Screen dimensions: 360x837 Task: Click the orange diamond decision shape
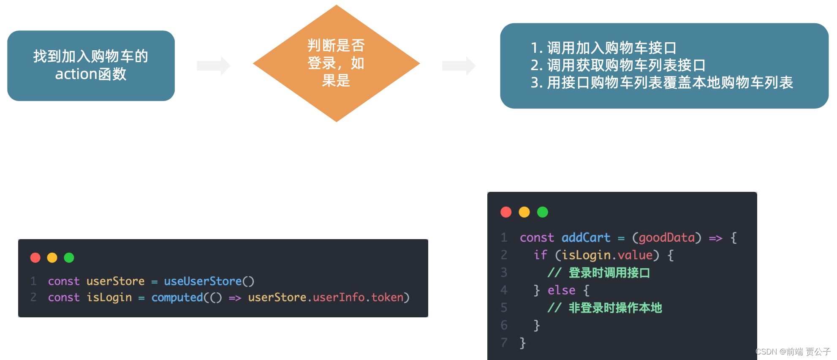click(336, 63)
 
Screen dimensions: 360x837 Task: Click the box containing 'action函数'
click(91, 65)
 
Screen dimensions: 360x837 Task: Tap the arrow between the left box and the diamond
click(214, 65)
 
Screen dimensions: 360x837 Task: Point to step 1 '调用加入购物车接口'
click(604, 48)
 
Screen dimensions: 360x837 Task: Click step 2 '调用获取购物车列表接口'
click(618, 65)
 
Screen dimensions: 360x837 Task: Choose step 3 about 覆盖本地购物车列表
click(662, 82)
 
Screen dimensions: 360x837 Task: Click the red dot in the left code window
click(35, 257)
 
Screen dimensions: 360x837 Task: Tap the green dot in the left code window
click(69, 257)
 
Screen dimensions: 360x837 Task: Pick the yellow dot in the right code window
click(524, 212)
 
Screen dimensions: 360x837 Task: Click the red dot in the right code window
click(506, 212)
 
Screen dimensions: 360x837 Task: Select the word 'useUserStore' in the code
click(203, 281)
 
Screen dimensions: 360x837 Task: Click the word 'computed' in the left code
click(177, 297)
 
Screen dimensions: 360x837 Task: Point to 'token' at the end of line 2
click(387, 297)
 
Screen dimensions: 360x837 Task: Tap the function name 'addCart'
click(586, 237)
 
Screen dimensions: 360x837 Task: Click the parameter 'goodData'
click(666, 237)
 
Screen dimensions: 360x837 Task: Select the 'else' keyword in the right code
click(561, 290)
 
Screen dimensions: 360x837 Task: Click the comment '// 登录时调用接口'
click(598, 273)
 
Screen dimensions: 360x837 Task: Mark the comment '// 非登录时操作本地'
click(604, 308)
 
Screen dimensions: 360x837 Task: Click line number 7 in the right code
click(504, 342)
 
